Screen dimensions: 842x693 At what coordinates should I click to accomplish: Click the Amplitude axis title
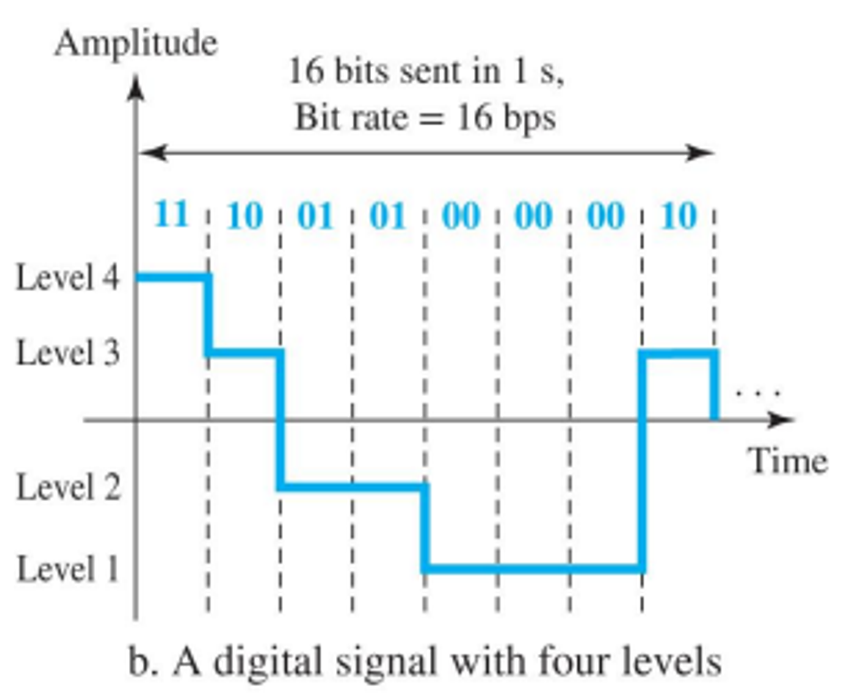click(136, 44)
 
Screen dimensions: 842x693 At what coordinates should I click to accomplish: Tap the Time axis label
click(787, 461)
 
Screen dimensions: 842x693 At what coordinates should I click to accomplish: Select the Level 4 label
click(68, 278)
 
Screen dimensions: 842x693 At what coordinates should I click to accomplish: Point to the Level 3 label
click(68, 352)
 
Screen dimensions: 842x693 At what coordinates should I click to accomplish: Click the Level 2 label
click(68, 487)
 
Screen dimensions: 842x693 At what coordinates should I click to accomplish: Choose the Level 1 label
click(68, 569)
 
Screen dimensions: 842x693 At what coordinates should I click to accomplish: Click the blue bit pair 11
click(171, 214)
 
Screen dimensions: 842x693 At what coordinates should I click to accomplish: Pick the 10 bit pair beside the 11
click(244, 216)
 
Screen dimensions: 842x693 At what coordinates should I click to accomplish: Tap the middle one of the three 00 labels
click(533, 216)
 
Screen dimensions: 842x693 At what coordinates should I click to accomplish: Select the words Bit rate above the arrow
click(352, 118)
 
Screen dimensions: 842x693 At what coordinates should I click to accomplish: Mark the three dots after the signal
click(758, 392)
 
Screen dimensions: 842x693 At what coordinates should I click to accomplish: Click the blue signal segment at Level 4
click(172, 277)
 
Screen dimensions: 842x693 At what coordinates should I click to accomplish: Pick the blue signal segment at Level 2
click(352, 486)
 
